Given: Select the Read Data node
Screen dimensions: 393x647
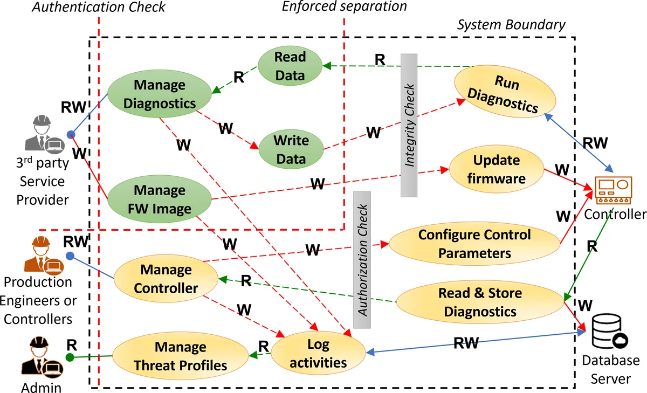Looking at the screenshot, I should click(x=290, y=66).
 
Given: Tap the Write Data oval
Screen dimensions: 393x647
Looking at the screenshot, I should click(x=291, y=149).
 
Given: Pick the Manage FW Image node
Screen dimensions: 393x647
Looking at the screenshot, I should click(x=159, y=199).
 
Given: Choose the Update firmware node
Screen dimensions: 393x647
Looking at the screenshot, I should click(x=496, y=169).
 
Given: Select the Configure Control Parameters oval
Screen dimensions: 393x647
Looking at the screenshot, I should click(x=474, y=244).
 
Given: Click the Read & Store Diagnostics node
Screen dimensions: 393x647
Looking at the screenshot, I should click(x=480, y=302).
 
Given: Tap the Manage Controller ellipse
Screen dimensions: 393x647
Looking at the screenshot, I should click(x=166, y=279).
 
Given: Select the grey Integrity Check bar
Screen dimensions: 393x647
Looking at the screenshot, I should click(x=410, y=125).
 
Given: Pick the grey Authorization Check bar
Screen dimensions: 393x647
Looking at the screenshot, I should click(x=362, y=259).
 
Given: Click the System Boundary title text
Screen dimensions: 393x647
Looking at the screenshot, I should click(x=511, y=25).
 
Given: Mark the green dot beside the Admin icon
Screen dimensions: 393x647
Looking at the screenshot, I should click(x=70, y=357).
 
